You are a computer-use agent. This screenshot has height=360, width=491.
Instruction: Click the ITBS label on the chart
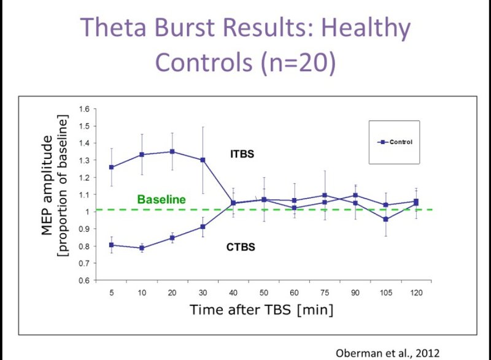point(242,154)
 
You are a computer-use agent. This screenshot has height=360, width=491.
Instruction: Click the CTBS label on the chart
point(241,247)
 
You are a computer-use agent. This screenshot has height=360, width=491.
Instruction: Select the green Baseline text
point(161,199)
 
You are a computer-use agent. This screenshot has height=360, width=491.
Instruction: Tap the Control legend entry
point(395,142)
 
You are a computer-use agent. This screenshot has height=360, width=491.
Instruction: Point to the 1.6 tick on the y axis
point(84,109)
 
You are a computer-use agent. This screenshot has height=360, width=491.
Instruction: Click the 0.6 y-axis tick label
point(84,280)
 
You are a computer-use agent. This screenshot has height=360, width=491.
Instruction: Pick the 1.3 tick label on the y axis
point(84,160)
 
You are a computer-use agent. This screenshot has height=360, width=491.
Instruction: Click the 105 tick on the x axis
point(386,293)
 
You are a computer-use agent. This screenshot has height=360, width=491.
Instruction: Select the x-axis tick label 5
point(112,293)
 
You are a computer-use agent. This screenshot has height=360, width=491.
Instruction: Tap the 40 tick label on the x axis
point(233,293)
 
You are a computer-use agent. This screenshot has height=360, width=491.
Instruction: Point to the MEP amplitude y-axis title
point(47,185)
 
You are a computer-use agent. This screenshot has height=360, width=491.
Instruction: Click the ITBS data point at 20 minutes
point(172,151)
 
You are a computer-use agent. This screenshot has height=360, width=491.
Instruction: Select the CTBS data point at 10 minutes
point(142,248)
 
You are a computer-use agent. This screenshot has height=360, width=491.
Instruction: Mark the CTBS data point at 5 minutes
point(112,245)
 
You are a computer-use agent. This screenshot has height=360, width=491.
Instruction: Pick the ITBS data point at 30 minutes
point(203,160)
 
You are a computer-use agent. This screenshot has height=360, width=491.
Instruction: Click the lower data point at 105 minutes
point(386,220)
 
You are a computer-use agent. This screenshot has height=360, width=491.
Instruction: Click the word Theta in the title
point(113,27)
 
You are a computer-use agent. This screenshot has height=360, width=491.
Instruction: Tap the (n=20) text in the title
point(298,61)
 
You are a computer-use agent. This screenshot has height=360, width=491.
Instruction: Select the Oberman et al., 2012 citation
point(388,353)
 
